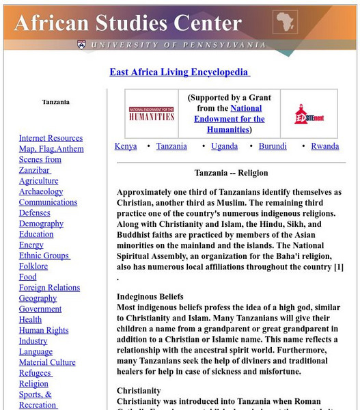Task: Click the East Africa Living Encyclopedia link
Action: point(179,72)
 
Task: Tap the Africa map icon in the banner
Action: point(286,23)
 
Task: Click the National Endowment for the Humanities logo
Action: point(151,113)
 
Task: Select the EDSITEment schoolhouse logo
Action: point(305,113)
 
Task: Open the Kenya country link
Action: point(126,146)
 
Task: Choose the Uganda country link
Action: point(224,146)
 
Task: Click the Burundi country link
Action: point(273,146)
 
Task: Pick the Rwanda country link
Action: point(324,146)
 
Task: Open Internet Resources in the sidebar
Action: point(51,138)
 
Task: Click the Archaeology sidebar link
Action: point(41,192)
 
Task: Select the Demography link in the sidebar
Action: point(41,223)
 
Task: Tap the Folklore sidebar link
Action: point(33,266)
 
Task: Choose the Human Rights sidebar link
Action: point(44,330)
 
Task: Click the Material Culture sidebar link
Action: point(47,362)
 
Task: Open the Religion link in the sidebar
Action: point(33,383)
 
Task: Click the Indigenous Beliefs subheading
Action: point(150,297)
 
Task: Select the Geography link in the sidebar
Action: point(38,298)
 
